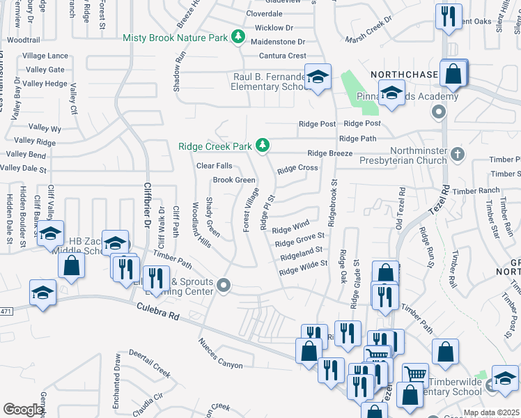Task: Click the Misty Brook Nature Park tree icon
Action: coord(238,36)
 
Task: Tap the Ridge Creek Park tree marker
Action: coord(263,146)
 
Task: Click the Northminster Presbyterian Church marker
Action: coord(457,153)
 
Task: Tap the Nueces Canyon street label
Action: coord(220,353)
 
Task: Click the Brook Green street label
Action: coord(234,180)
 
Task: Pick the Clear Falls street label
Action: coord(214,166)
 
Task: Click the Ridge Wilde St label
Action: coord(303,268)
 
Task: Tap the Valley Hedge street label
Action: coord(45,84)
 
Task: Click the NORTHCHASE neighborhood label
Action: coord(404,74)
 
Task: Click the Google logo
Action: coord(23,410)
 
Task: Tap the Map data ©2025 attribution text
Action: coord(490,412)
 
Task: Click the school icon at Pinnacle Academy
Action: coord(391,94)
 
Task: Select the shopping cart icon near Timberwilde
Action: coord(415,374)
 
